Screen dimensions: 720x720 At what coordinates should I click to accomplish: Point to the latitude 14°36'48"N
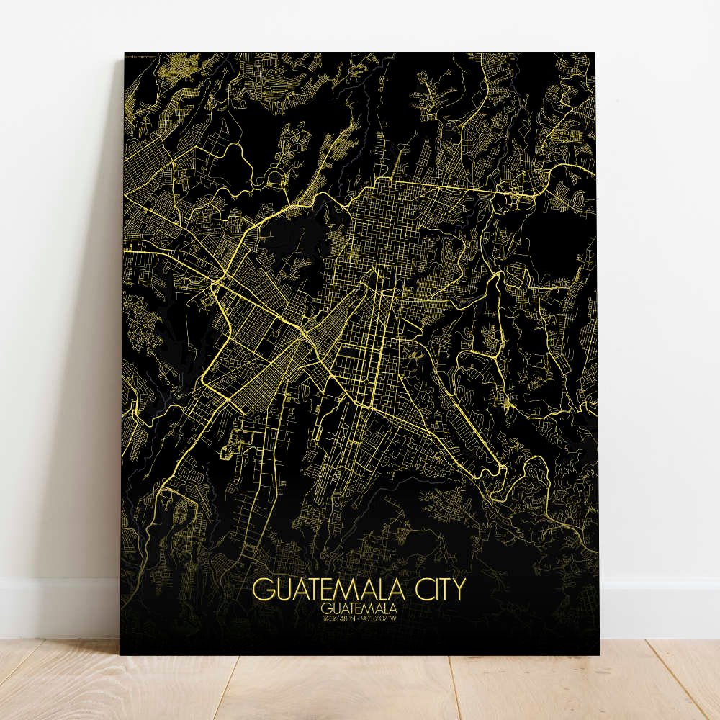(337, 618)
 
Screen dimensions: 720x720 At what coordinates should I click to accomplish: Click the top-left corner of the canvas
(125, 53)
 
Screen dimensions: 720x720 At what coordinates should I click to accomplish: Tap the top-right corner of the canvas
(595, 53)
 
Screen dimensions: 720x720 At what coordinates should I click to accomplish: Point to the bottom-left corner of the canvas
(120, 654)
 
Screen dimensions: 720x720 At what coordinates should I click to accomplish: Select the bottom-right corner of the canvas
(598, 654)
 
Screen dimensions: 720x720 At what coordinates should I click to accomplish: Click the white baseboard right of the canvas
(659, 608)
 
